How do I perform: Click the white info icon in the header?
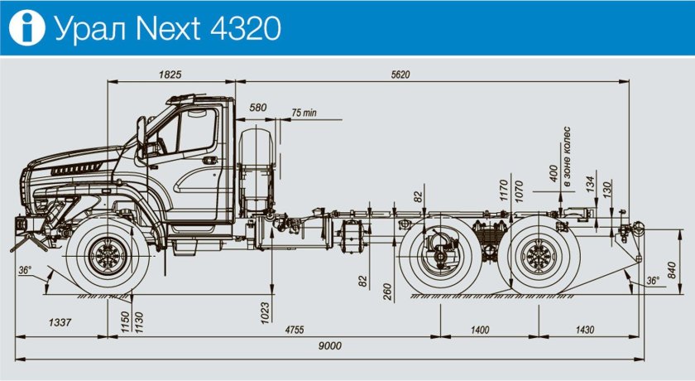coord(27,27)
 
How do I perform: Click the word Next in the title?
coord(168,28)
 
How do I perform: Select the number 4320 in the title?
coord(245,28)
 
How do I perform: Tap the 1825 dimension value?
coord(170,74)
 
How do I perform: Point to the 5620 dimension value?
coord(400,75)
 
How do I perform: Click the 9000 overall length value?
coord(330,346)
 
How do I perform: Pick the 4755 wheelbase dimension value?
coord(295,330)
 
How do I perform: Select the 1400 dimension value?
coord(480,330)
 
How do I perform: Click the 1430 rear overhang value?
coord(585,330)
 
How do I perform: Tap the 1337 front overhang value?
coord(60,322)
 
